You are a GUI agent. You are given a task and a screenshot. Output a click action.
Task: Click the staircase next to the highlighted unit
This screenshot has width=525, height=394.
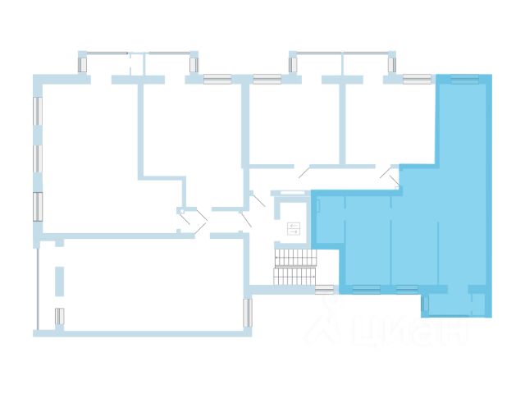tap(294, 267)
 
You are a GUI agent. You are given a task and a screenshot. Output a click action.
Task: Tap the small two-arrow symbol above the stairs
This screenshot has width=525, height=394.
tap(294, 229)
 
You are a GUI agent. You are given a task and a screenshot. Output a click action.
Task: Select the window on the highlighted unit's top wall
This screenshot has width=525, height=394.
tap(464, 80)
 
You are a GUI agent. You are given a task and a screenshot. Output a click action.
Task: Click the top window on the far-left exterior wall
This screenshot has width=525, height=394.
tap(37, 111)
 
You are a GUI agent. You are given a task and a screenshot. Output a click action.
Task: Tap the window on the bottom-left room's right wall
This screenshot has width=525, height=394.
tap(246, 311)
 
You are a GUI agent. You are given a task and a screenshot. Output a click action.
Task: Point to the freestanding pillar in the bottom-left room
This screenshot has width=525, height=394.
tap(59, 282)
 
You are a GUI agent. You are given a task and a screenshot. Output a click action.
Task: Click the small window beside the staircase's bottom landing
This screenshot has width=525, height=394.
tap(324, 289)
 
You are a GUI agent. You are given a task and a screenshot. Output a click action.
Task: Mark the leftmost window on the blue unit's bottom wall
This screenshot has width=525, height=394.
tap(366, 288)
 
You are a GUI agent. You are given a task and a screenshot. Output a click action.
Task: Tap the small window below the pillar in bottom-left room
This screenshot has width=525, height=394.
tap(59, 315)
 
